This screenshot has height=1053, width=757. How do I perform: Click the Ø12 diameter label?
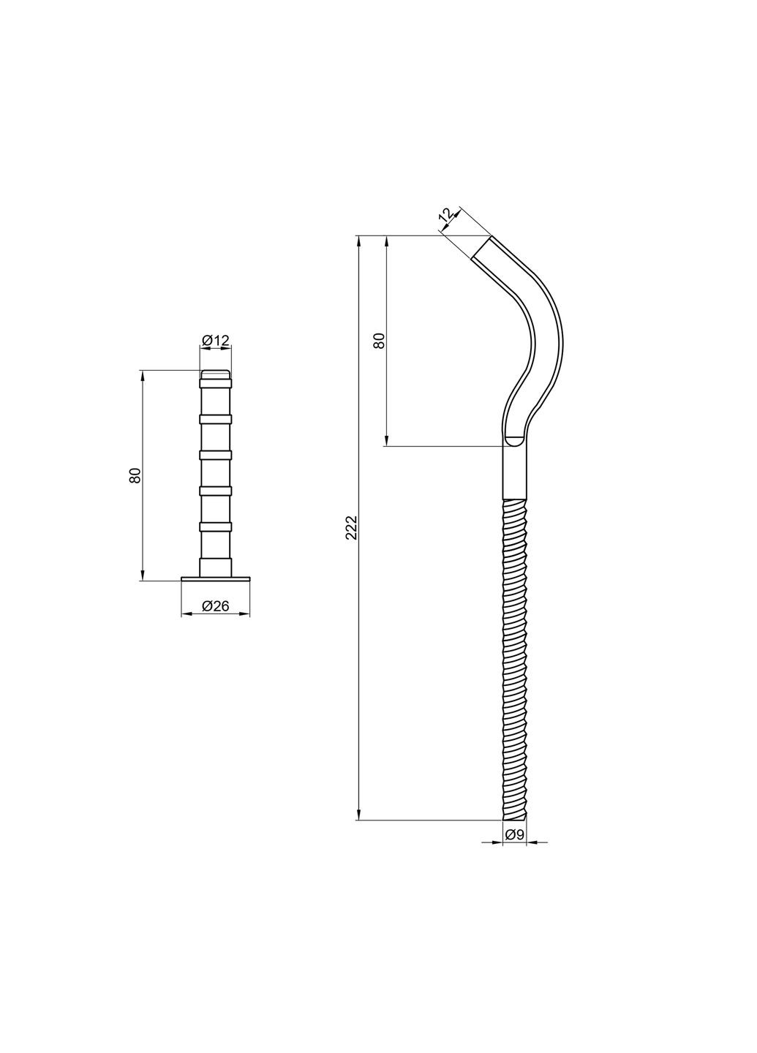pos(215,340)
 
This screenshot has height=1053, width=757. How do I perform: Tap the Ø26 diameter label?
pos(215,605)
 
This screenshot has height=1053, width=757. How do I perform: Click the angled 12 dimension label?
pos(446,215)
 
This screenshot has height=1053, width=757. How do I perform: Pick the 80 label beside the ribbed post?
pos(135,475)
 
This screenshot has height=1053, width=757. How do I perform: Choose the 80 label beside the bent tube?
pos(379,340)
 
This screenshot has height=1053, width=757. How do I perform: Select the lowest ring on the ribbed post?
pos(215,526)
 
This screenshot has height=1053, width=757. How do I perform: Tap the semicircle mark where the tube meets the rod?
pos(514,441)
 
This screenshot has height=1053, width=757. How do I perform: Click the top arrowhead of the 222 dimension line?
pos(358,241)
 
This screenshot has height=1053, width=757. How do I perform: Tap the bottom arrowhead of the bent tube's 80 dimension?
pos(386,440)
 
